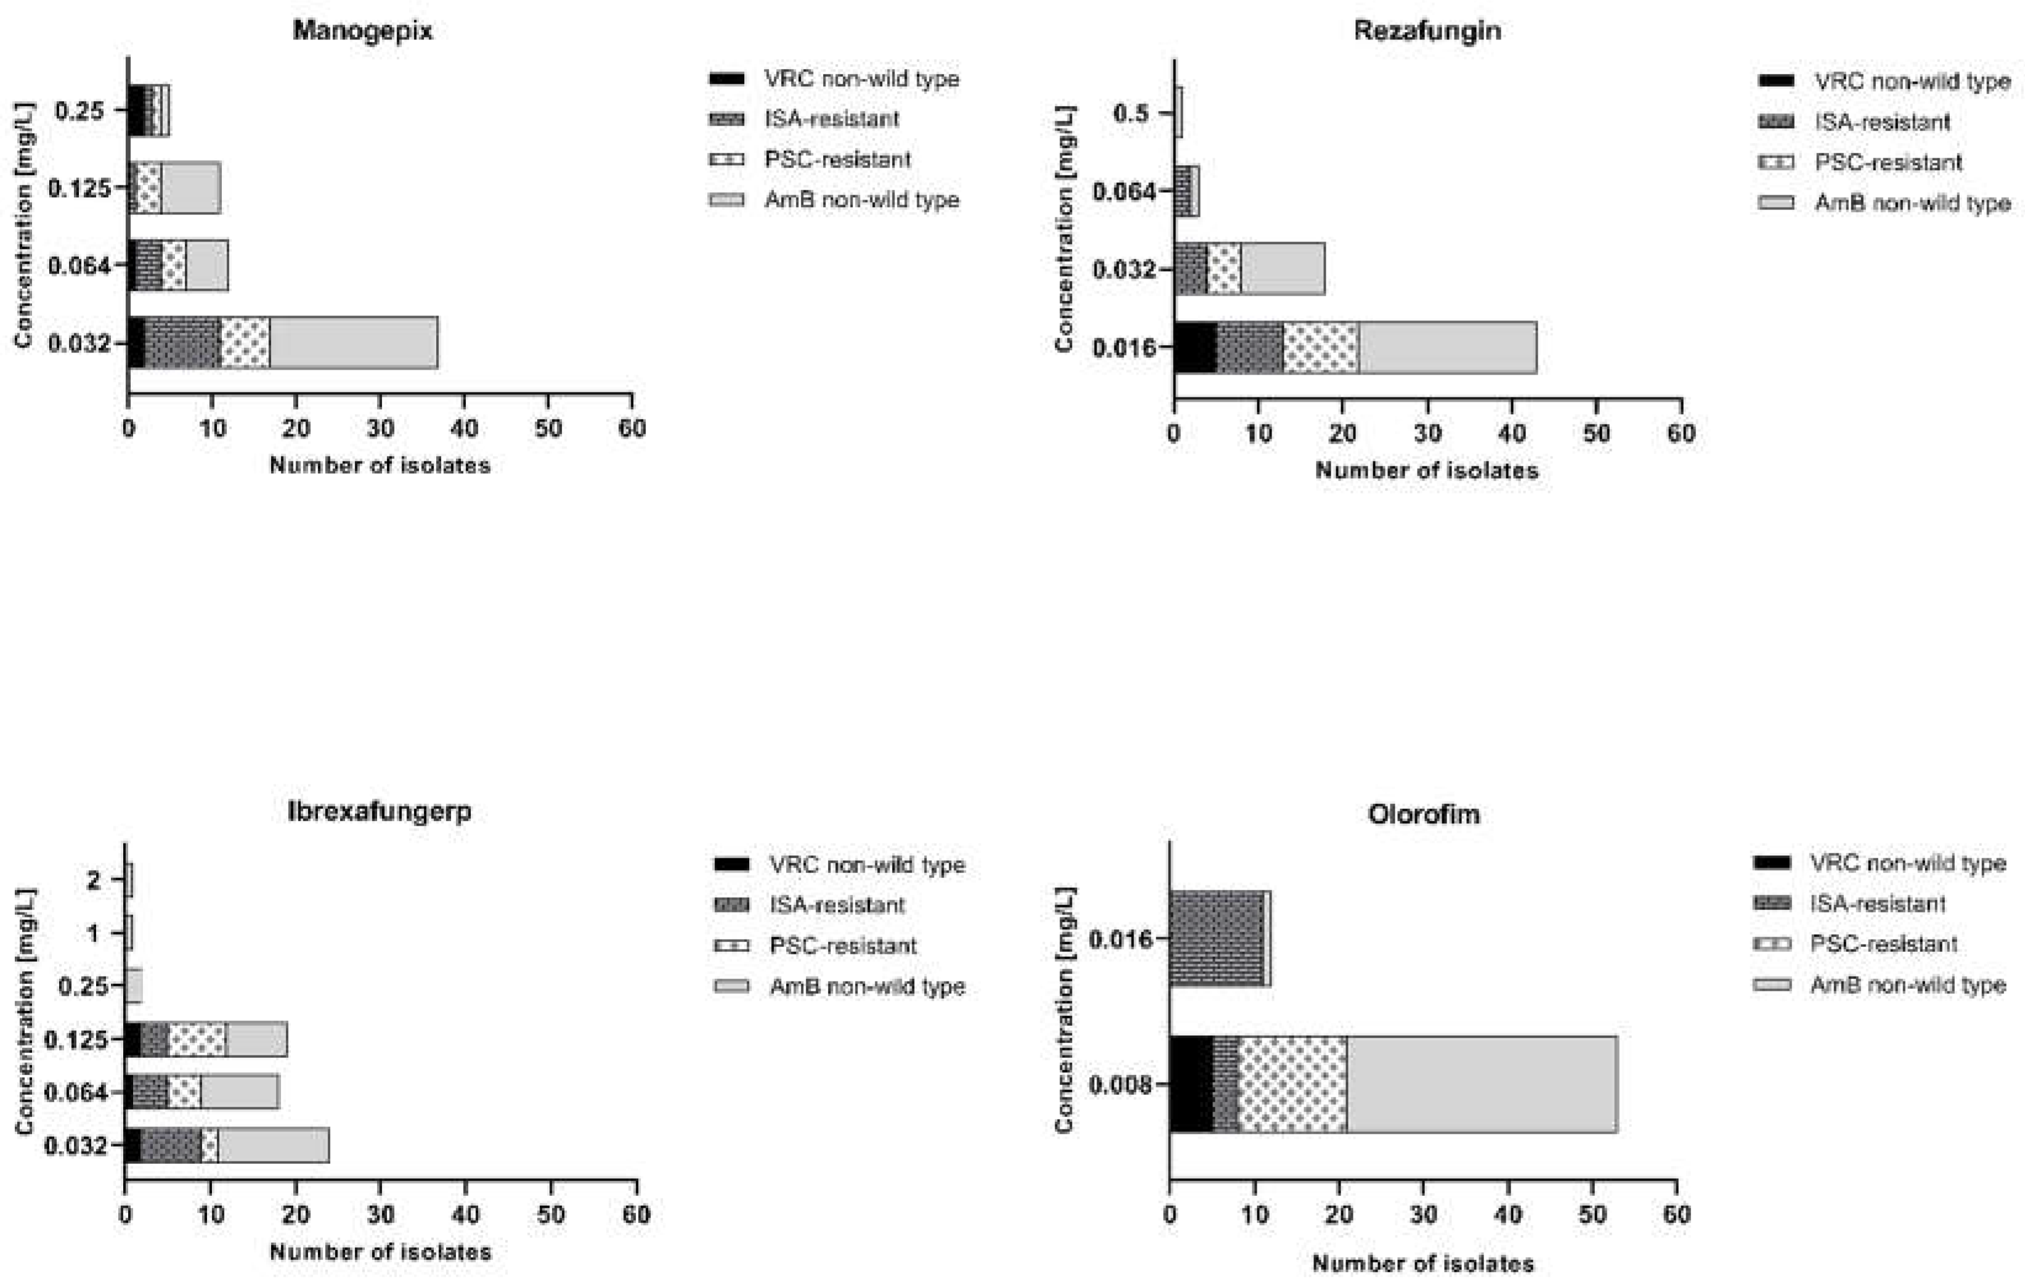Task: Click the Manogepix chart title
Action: (x=362, y=31)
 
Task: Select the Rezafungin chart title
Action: (x=1427, y=31)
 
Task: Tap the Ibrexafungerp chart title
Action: (x=379, y=811)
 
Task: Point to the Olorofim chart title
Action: (x=1424, y=814)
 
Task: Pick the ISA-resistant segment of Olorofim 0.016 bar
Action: (x=1216, y=938)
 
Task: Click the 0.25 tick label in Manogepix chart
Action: (x=80, y=110)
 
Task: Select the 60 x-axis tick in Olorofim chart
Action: (x=1676, y=1214)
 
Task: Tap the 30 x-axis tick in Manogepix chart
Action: (x=380, y=429)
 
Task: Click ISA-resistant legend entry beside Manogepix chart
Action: (x=831, y=118)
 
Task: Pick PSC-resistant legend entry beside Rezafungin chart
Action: (x=1887, y=162)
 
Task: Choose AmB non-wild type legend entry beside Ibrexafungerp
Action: (x=866, y=986)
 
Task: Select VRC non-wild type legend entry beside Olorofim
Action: (x=1907, y=863)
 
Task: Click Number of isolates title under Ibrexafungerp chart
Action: (x=380, y=1252)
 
